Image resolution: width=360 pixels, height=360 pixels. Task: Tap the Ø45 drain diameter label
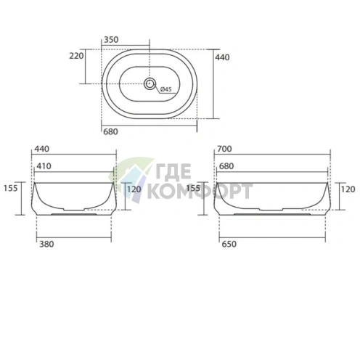(x=165, y=89)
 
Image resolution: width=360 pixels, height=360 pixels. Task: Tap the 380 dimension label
(x=45, y=243)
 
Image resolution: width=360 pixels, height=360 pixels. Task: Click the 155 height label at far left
(x=9, y=188)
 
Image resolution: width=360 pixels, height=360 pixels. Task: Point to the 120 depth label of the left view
(x=134, y=189)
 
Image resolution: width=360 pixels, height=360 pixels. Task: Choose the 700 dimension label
(x=224, y=149)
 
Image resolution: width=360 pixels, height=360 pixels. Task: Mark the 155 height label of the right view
(x=192, y=188)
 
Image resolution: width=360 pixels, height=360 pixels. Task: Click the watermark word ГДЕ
(x=170, y=175)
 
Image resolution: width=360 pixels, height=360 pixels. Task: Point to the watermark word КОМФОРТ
(x=200, y=192)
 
